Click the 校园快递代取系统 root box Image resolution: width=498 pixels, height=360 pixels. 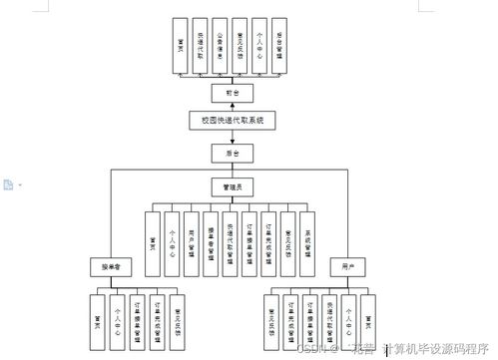click(x=233, y=122)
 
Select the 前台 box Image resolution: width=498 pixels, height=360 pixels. click(x=233, y=92)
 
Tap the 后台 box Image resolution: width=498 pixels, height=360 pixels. click(x=233, y=154)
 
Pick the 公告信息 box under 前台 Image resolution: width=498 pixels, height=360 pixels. click(x=220, y=46)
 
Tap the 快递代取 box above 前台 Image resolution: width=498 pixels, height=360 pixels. click(x=201, y=46)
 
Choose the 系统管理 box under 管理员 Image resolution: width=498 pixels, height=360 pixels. click(x=308, y=242)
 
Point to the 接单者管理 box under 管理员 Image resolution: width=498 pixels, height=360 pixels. click(x=211, y=242)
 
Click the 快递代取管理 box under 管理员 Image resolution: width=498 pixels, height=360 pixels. click(x=230, y=242)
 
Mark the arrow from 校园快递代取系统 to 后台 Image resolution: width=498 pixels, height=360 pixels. click(x=233, y=138)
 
